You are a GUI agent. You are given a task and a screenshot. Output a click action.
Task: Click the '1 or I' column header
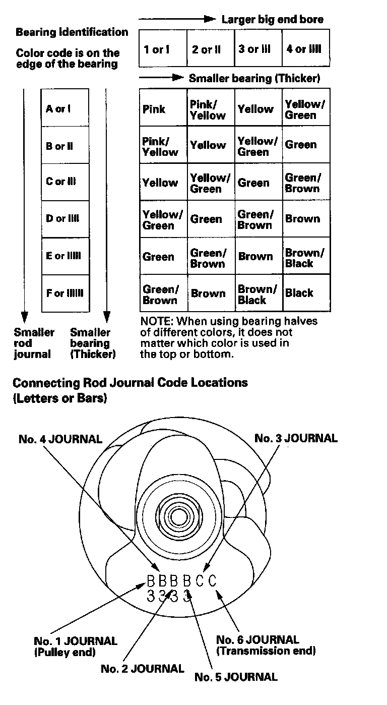157,49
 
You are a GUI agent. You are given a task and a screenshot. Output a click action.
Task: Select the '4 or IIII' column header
304,49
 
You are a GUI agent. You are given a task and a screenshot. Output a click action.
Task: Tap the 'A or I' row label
58,108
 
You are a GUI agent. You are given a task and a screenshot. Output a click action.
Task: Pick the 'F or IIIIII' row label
65,293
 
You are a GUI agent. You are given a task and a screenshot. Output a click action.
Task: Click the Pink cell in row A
154,109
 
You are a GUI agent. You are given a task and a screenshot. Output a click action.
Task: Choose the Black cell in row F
299,293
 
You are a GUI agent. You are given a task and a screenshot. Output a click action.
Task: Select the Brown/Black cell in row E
305,258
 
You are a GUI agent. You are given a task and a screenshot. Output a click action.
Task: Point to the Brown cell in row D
302,219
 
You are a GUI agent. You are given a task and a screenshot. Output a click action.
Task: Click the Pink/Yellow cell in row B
160,146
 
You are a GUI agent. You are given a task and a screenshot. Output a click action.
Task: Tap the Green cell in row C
254,183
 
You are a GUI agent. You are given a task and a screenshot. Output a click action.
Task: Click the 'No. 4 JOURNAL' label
60,439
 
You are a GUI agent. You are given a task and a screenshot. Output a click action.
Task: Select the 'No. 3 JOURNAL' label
296,438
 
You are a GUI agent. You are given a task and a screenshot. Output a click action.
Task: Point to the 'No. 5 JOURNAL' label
236,677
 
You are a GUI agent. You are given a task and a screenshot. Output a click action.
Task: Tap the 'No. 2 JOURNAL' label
143,669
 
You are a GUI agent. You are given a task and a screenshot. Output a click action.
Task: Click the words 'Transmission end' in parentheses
266,651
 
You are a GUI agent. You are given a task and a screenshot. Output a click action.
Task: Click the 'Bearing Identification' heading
72,32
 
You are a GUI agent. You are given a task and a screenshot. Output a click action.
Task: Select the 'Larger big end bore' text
273,20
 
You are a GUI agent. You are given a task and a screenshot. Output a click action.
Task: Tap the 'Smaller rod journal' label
34,343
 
